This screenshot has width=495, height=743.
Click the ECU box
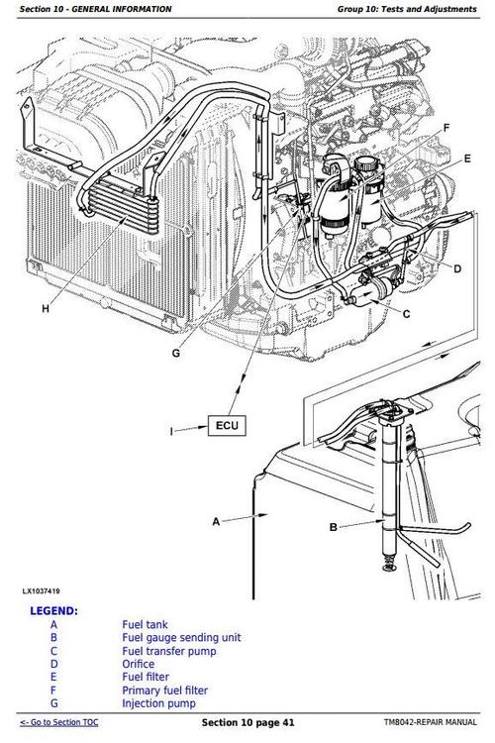coord(225,427)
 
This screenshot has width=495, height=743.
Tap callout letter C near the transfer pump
coord(406,313)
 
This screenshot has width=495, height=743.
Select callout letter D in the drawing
coord(457,268)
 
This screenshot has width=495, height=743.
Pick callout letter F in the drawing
coord(446,128)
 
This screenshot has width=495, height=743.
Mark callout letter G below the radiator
coord(175,353)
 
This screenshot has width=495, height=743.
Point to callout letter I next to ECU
coord(172,430)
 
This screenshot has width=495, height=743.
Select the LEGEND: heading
coord(53,611)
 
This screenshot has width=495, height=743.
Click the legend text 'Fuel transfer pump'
coord(169,651)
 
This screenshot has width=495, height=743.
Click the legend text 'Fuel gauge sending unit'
coord(181,638)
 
